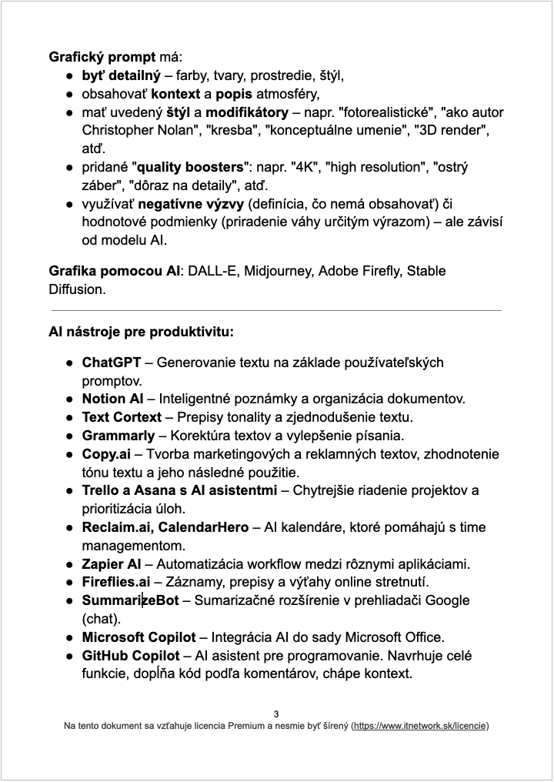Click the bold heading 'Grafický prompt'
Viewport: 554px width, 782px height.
(102, 57)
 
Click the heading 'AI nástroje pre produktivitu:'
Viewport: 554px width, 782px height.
(141, 333)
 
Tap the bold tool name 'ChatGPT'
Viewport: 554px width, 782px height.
(112, 362)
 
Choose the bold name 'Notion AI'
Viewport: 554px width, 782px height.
(113, 399)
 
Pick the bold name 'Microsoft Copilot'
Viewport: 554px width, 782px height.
(139, 637)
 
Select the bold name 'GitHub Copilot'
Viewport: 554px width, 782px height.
(131, 656)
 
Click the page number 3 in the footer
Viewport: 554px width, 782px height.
(276, 713)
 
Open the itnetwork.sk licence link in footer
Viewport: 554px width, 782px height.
(419, 726)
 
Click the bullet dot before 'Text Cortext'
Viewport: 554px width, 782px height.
(69, 417)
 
